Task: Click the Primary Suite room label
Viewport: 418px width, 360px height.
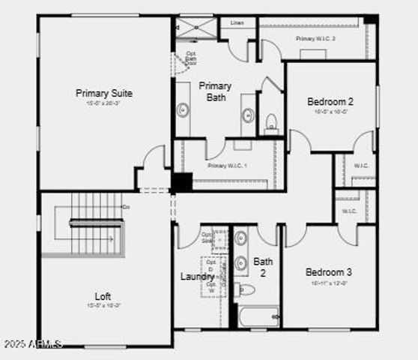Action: [104, 93]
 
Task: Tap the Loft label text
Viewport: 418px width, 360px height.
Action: [103, 295]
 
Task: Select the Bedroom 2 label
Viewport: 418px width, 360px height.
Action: [330, 101]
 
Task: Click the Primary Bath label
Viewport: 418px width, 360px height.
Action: [215, 91]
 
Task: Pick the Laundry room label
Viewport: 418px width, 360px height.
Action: [197, 277]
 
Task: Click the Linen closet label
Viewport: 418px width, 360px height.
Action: [237, 23]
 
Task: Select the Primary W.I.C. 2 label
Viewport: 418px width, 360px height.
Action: [315, 38]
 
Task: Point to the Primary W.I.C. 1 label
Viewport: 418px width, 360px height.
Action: [227, 166]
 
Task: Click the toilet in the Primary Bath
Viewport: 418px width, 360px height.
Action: [271, 120]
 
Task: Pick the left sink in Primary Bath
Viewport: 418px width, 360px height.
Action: [183, 109]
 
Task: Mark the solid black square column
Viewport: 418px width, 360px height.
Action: [181, 182]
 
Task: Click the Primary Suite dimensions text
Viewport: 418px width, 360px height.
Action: [104, 104]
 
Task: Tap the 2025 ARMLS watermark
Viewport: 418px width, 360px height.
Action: [32, 343]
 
